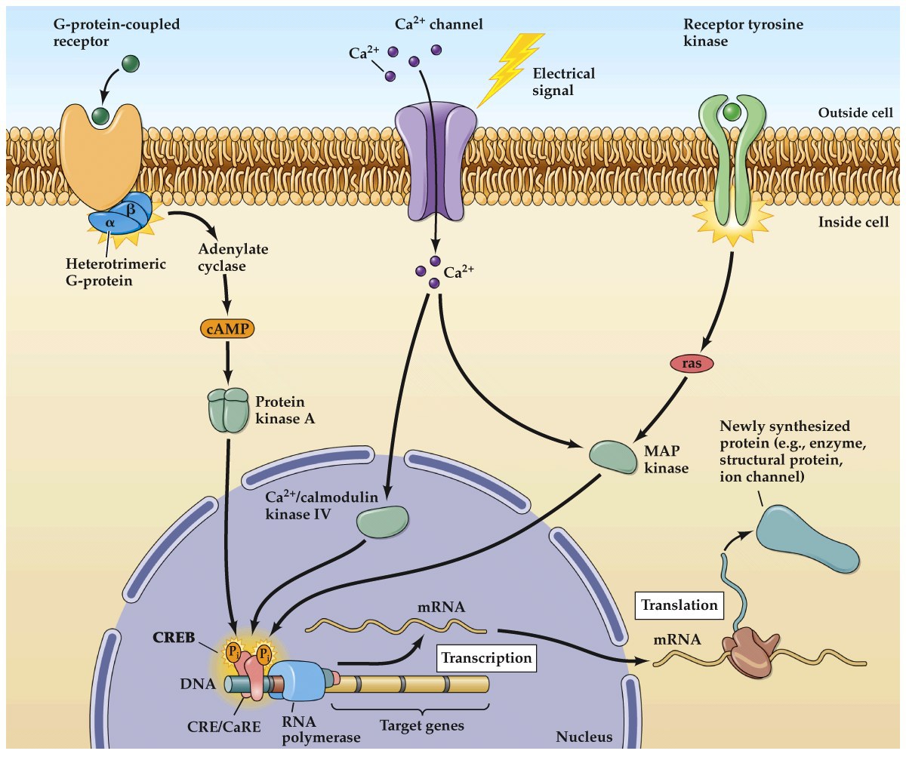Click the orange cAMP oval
[227, 329]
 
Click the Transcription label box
[486, 657]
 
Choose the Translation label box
[679, 605]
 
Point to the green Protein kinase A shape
[227, 409]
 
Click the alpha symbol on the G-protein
[109, 223]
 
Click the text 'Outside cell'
[855, 113]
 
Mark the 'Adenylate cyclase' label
[233, 257]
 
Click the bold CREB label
[174, 638]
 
